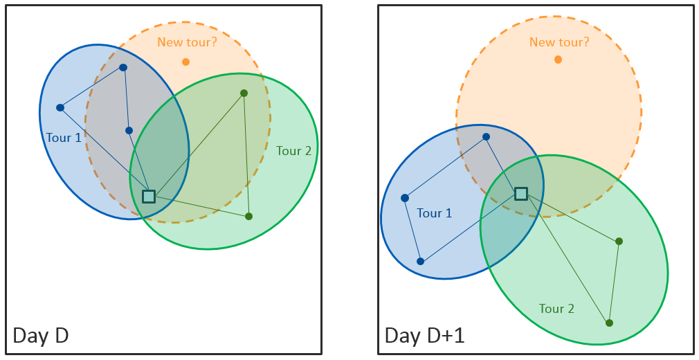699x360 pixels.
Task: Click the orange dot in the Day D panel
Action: pos(186,62)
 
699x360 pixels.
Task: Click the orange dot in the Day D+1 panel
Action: pos(558,60)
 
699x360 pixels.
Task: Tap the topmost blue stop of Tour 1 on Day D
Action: pos(123,67)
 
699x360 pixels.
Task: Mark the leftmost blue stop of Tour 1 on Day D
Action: pos(60,107)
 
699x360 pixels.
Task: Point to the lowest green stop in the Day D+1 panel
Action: pos(610,323)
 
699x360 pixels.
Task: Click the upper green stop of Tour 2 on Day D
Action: pos(244,93)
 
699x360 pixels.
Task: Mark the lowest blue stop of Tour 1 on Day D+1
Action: pos(420,262)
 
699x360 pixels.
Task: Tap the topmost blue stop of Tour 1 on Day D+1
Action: pos(487,137)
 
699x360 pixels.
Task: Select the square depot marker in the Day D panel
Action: pos(148,197)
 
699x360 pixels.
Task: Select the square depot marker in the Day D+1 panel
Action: pos(521,194)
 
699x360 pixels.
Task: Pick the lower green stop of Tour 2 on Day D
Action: pos(248,217)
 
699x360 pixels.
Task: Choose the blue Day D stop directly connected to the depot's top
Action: pos(129,131)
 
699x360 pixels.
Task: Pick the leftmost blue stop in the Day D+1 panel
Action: pos(405,198)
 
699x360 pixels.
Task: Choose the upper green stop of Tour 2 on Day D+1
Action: pos(619,242)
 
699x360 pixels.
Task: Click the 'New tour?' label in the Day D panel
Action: pos(188,42)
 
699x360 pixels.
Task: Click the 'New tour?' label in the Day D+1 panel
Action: pos(559,42)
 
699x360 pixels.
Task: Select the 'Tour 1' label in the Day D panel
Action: pos(64,137)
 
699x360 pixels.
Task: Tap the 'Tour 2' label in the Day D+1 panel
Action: pos(556,309)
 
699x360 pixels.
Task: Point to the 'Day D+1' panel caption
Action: pos(424,336)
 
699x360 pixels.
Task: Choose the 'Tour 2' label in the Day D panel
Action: pos(293,151)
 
